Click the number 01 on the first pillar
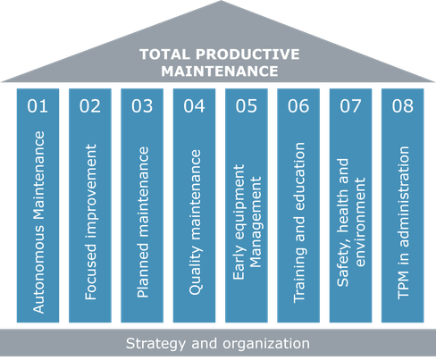38,105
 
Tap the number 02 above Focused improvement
90,105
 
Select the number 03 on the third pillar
142,105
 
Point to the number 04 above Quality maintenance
194,105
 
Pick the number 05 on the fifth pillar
247,105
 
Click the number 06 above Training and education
298,105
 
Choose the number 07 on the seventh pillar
350,105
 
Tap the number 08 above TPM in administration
403,105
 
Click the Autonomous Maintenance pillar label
38,222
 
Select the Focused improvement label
91,222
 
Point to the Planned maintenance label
143,222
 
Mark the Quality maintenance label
196,222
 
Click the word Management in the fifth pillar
255,222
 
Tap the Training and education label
299,222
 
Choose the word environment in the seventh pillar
360,222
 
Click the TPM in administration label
404,222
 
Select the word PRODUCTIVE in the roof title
247,54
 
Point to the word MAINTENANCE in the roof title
220,71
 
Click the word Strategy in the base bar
155,344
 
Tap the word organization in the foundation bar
266,344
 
